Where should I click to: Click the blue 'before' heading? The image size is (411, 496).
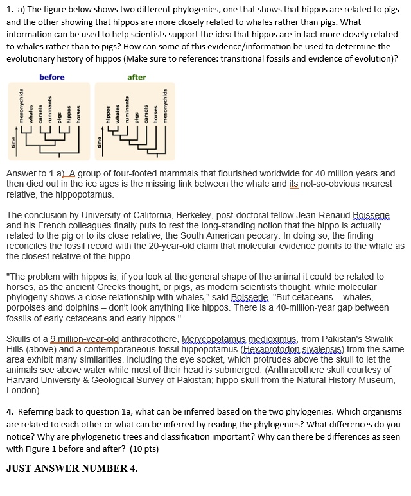pyautogui.click(x=52, y=77)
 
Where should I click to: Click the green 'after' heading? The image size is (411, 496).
pyautogui.click(x=137, y=77)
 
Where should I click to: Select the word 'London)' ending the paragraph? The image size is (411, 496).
pyautogui.click(x=23, y=390)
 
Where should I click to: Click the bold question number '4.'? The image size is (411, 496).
pyautogui.click(x=10, y=411)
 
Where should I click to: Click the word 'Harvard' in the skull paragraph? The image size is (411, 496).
pyautogui.click(x=24, y=380)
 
